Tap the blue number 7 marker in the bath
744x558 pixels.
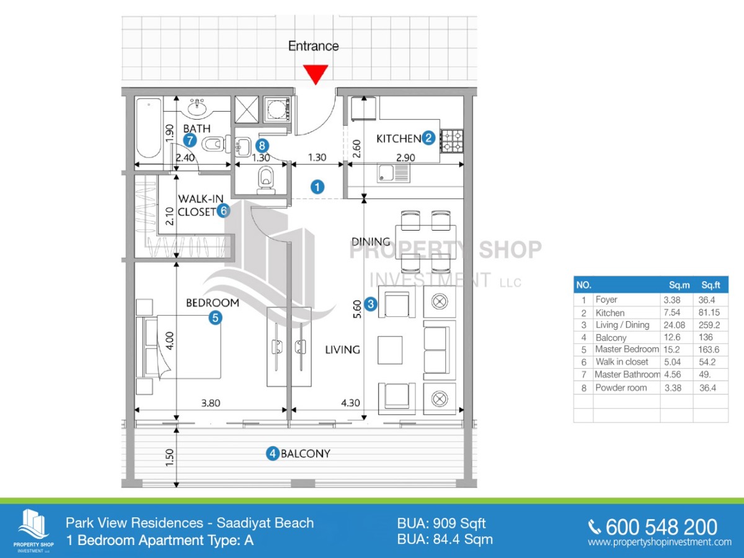(x=190, y=141)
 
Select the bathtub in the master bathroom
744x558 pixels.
(x=149, y=127)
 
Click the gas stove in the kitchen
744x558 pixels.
(x=452, y=141)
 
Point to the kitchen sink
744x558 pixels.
(x=393, y=174)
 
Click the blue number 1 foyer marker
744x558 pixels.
(x=317, y=186)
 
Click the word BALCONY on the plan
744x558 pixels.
(x=305, y=453)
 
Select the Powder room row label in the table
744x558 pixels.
(x=621, y=387)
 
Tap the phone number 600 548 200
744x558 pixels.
(x=661, y=527)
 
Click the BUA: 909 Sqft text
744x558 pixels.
(x=441, y=523)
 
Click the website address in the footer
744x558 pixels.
(x=659, y=542)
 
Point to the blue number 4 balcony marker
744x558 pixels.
(x=272, y=454)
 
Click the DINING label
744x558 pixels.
(x=371, y=242)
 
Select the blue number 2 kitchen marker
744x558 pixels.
(x=428, y=138)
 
